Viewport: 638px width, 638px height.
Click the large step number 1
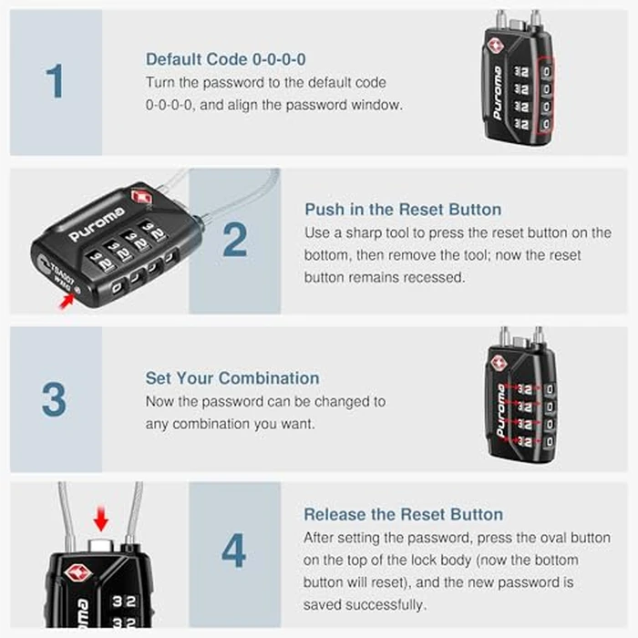(x=56, y=81)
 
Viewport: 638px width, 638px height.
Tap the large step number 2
(x=234, y=240)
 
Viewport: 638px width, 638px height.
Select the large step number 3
(x=55, y=399)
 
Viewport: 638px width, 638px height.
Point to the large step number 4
(x=234, y=551)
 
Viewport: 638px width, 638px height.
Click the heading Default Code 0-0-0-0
(x=226, y=59)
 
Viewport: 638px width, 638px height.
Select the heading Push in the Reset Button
(x=404, y=210)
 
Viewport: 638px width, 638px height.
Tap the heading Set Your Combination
(x=232, y=378)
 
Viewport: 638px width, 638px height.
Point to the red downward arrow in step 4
(x=100, y=520)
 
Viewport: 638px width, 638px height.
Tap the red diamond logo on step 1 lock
(x=499, y=45)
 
